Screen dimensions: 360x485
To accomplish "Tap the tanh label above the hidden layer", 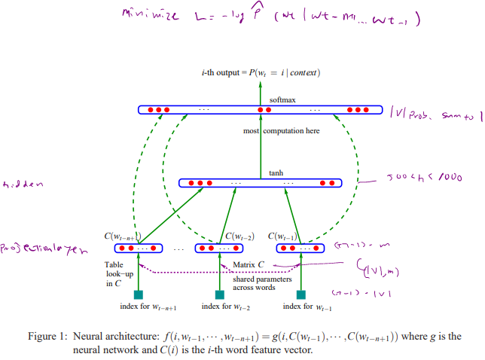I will [276, 172].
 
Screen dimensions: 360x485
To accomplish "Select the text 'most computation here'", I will [282, 131].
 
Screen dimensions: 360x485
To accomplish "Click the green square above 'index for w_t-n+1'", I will [138, 294].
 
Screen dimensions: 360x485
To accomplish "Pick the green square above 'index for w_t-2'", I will [219, 294].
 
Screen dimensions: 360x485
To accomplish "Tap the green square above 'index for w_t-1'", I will [301, 294].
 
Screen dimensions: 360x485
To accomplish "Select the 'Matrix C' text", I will [248, 264].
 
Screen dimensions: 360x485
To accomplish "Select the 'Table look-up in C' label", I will [118, 274].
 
